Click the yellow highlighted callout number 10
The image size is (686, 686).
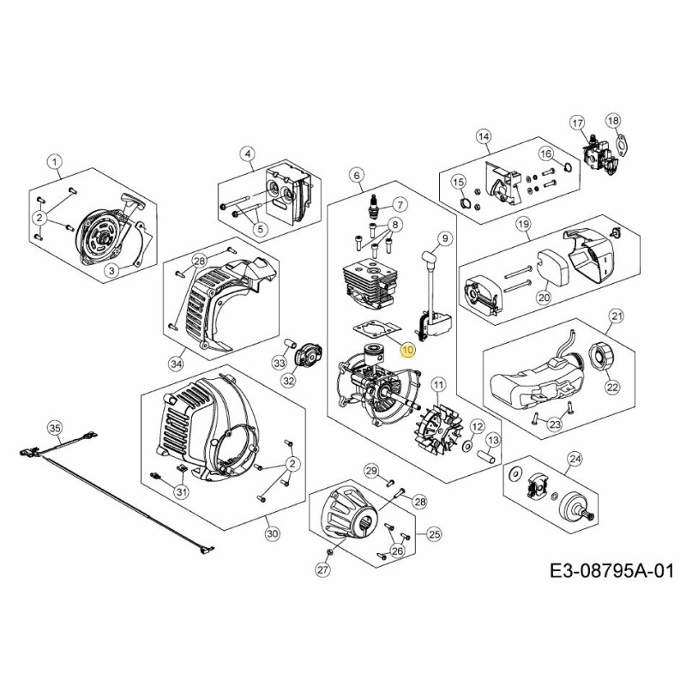(406, 350)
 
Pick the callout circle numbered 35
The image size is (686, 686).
(55, 427)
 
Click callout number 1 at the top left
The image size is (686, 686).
(55, 161)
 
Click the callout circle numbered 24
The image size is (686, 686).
(575, 458)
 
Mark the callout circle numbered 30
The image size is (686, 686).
(273, 533)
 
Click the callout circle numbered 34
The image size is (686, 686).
(177, 364)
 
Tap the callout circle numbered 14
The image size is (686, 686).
(484, 137)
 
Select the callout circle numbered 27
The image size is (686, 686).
(322, 569)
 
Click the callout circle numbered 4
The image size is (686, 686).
(249, 154)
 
